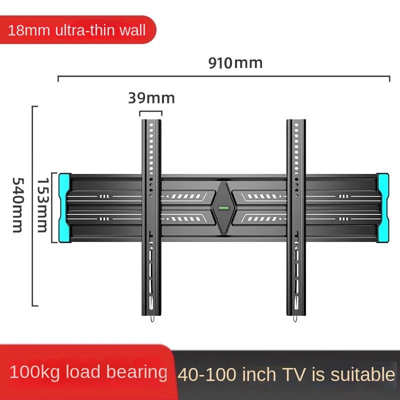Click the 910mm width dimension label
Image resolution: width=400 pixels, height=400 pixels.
click(x=235, y=63)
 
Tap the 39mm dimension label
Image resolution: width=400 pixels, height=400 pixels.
click(x=151, y=98)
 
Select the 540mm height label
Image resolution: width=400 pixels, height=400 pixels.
click(x=18, y=205)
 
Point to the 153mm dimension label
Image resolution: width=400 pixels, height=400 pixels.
click(x=42, y=205)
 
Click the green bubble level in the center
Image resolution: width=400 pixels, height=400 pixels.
click(x=223, y=208)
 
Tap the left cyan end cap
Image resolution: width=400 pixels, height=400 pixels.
click(x=65, y=208)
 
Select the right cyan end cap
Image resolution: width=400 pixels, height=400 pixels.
click(x=382, y=208)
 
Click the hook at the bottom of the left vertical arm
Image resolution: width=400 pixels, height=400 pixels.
click(x=152, y=318)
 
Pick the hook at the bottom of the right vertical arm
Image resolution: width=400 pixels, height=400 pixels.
click(x=295, y=318)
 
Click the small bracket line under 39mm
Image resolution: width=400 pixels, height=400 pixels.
click(x=151, y=111)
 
